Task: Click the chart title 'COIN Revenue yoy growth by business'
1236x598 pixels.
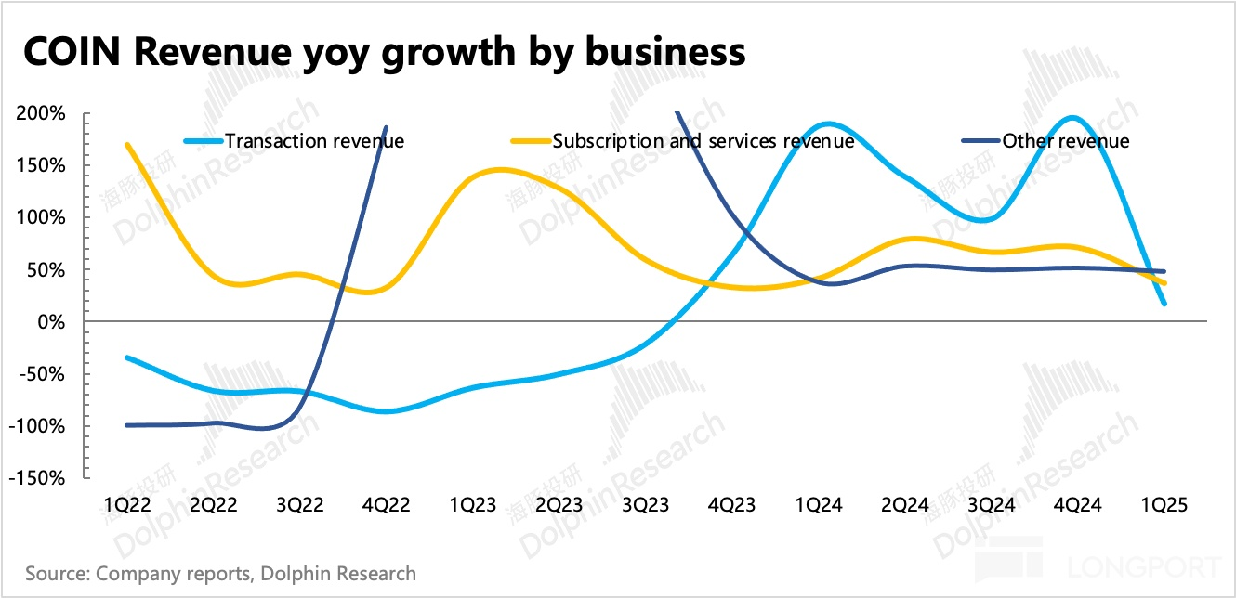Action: (x=383, y=53)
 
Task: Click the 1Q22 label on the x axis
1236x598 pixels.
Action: (x=126, y=504)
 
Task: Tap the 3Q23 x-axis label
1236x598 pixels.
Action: (x=645, y=504)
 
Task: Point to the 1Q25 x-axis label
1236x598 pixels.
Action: (x=1164, y=504)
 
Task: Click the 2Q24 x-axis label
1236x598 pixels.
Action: (x=904, y=504)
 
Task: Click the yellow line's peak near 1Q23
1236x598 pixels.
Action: (x=500, y=169)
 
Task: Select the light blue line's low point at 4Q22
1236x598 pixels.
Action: (x=385, y=410)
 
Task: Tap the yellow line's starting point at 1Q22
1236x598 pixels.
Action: (x=126, y=144)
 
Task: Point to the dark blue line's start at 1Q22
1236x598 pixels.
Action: (x=126, y=425)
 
